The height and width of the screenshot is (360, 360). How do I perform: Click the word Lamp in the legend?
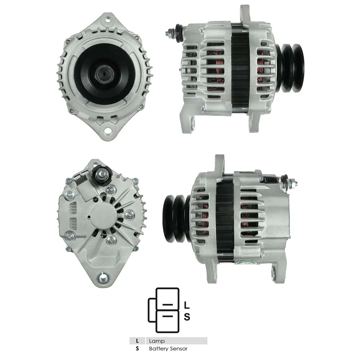(157, 341)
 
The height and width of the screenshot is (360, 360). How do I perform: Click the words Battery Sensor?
(168, 349)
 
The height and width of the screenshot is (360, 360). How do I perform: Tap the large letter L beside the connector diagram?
(187, 305)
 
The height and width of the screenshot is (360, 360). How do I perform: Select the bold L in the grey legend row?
(137, 341)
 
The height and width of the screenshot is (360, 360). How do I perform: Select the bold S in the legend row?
(137, 349)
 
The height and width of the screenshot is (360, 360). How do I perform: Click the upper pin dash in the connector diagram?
(168, 305)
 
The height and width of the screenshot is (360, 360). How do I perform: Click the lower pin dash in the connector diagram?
(168, 316)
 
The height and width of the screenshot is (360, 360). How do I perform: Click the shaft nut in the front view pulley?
(104, 73)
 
